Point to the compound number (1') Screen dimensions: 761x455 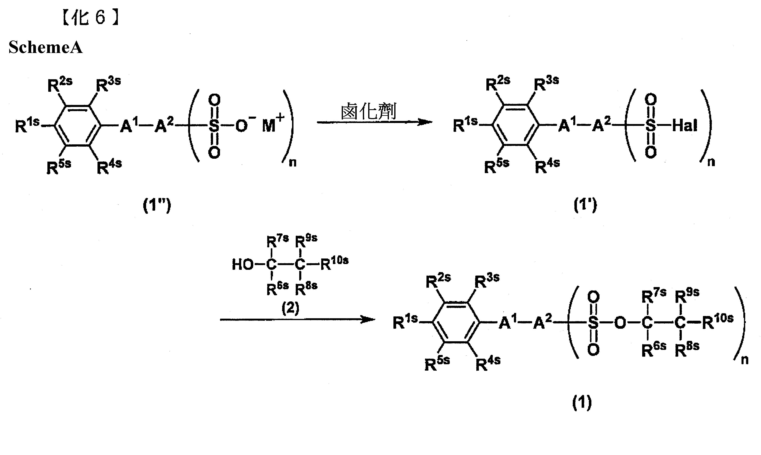585,205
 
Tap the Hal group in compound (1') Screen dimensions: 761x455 685,126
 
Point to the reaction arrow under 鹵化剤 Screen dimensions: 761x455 375,122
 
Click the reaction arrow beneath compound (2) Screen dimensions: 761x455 298,320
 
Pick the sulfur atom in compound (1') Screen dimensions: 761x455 650,126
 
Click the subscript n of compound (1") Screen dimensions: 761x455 293,162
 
